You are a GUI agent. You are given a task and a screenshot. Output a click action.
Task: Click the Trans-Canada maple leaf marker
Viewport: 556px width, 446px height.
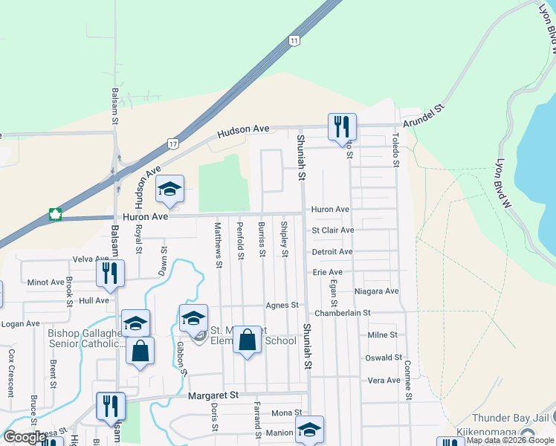coord(54,216)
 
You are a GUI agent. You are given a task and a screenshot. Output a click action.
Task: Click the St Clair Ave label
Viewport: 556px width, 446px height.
coord(332,230)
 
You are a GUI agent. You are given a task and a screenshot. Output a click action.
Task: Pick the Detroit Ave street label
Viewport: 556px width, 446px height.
coord(332,252)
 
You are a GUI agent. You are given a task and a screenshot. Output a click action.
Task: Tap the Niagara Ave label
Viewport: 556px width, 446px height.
coord(377,291)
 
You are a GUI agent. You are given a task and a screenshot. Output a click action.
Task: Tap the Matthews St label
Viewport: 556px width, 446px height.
coord(219,245)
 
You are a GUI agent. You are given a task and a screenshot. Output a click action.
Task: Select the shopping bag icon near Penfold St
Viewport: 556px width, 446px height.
coord(248,340)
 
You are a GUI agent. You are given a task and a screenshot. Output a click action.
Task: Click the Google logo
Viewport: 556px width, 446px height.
coord(25,437)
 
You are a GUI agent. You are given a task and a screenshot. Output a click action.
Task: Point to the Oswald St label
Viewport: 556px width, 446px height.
coord(384,358)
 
